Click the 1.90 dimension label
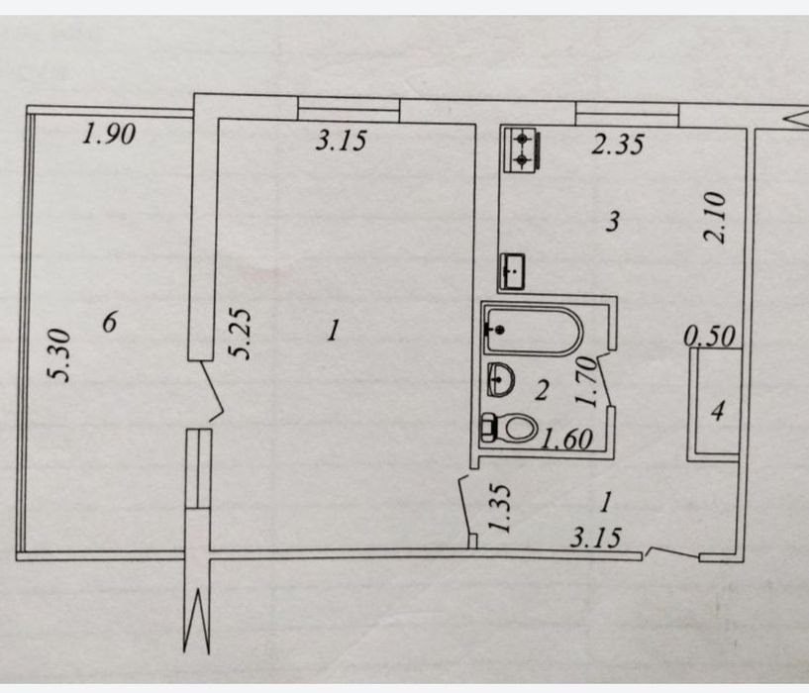(x=109, y=134)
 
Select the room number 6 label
(x=110, y=323)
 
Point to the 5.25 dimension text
(x=240, y=334)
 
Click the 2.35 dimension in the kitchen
(x=618, y=145)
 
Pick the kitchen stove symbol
(x=522, y=149)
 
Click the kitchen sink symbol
(x=512, y=271)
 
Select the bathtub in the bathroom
(x=534, y=332)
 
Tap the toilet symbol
(x=509, y=428)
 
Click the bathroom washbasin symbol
(x=500, y=379)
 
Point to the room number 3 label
(x=613, y=222)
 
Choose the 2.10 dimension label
(x=716, y=217)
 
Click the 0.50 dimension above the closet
(x=709, y=337)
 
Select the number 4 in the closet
(x=718, y=411)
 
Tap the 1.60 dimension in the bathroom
(x=566, y=440)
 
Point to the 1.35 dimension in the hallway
(x=499, y=508)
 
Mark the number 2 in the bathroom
(x=542, y=390)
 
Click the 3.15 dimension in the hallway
(x=596, y=538)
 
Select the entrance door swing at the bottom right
(x=671, y=552)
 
